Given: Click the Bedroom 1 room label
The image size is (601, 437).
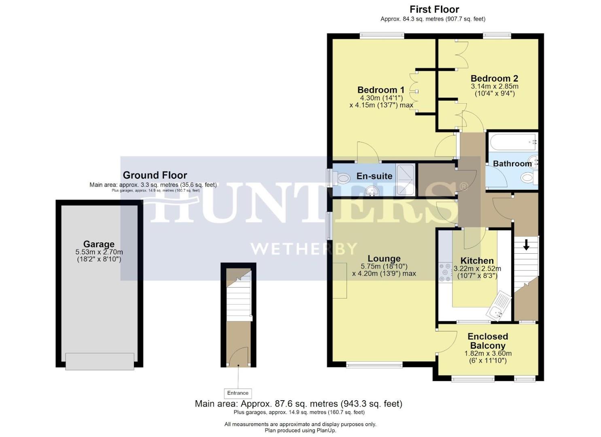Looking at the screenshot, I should pyautogui.click(x=380, y=90).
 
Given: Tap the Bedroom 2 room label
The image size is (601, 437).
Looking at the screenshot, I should pyautogui.click(x=494, y=78).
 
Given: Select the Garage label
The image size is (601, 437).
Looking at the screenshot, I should pyautogui.click(x=99, y=244).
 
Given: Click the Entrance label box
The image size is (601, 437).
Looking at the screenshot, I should pyautogui.click(x=238, y=393).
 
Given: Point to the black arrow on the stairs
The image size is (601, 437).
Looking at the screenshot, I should pyautogui.click(x=526, y=245).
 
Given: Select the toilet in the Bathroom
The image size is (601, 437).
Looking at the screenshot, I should pyautogui.click(x=529, y=177).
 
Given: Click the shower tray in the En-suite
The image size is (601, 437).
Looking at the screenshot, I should pyautogui.click(x=405, y=180).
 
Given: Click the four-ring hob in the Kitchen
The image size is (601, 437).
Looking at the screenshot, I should pyautogui.click(x=445, y=272).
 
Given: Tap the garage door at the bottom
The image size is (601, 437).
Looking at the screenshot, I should pyautogui.click(x=100, y=361).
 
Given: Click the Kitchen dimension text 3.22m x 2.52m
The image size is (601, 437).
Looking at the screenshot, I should pyautogui.click(x=477, y=269).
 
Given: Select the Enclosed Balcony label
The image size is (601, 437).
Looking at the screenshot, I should pyautogui.click(x=488, y=341).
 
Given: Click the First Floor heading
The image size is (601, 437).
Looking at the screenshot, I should pyautogui.click(x=434, y=9).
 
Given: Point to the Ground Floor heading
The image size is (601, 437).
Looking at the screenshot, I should pyautogui.click(x=155, y=175).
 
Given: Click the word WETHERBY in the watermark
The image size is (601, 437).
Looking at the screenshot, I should pyautogui.click(x=304, y=248).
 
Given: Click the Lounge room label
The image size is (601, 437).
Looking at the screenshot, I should pyautogui.click(x=384, y=259).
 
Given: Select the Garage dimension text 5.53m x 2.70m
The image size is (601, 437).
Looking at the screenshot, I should pyautogui.click(x=99, y=252).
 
